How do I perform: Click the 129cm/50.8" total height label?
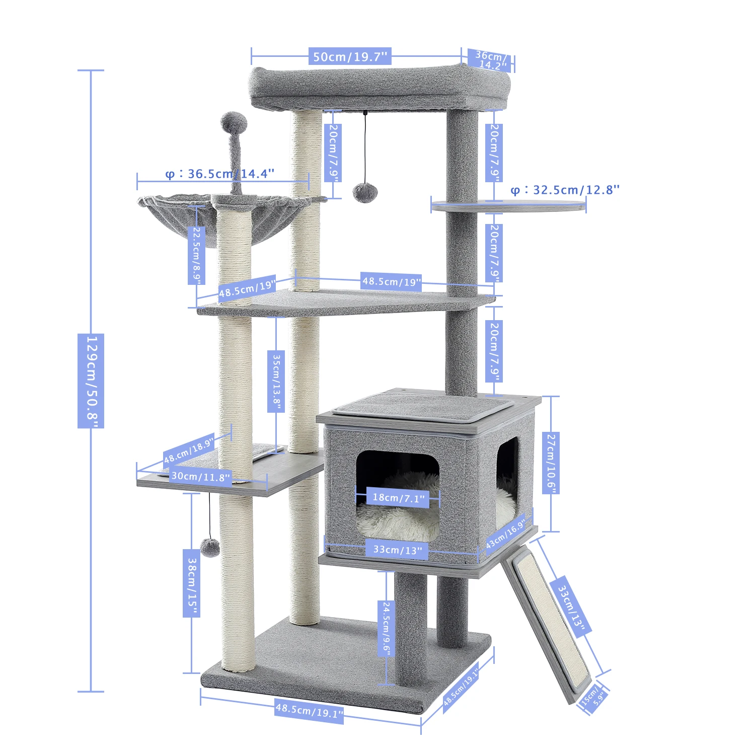[x=91, y=381]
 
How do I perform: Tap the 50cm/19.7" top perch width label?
[x=350, y=56]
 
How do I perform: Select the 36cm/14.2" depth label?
[x=491, y=60]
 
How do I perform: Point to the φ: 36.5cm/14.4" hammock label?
[x=220, y=174]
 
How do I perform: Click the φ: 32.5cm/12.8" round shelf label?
[x=565, y=190]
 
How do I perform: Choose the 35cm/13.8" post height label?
[x=276, y=381]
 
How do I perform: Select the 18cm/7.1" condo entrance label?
[x=398, y=498]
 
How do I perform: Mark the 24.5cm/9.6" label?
[x=386, y=629]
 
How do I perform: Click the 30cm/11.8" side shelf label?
[x=200, y=476]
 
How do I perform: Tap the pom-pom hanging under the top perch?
[x=362, y=192]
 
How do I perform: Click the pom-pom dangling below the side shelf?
[x=210, y=547]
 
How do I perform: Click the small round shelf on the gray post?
[x=508, y=206]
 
